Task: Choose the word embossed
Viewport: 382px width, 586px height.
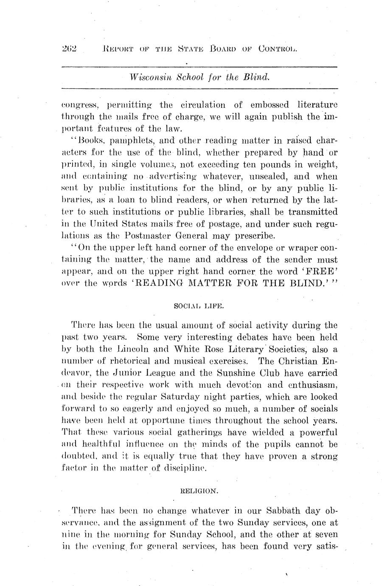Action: click(x=270, y=104)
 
